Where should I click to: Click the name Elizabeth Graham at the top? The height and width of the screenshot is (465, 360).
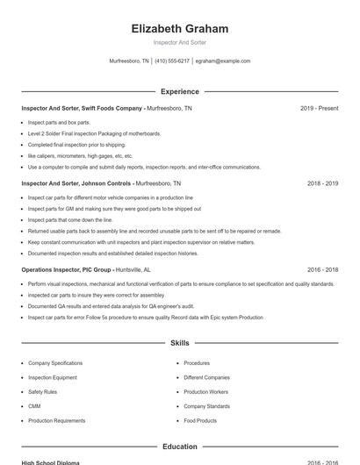point(179,29)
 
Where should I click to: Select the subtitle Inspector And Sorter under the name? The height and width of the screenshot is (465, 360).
point(179,43)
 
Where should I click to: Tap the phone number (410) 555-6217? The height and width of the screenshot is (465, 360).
point(172,61)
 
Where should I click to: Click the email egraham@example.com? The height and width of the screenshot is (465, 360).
point(223,61)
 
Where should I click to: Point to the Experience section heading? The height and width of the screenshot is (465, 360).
point(179,91)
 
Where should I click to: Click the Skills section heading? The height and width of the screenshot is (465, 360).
point(179,343)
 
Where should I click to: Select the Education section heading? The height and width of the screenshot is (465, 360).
point(179,447)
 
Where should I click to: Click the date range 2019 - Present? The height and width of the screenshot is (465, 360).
point(319,108)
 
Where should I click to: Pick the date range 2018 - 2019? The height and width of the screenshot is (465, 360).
point(322,184)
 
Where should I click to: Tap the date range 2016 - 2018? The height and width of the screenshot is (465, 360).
point(322,270)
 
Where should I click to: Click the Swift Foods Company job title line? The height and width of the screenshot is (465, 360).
point(106,108)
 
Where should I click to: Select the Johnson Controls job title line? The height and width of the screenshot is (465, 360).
point(101,184)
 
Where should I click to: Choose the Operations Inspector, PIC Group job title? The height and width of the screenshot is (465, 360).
point(85,270)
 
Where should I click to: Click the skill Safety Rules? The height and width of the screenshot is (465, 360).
point(42,392)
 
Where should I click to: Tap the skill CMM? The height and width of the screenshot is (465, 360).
point(34,406)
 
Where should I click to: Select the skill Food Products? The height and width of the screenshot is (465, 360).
point(200,421)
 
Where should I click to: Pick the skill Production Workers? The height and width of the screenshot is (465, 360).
point(205,392)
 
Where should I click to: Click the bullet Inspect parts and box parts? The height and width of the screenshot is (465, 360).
point(59,123)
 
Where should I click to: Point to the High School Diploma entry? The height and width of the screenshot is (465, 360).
point(50,462)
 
